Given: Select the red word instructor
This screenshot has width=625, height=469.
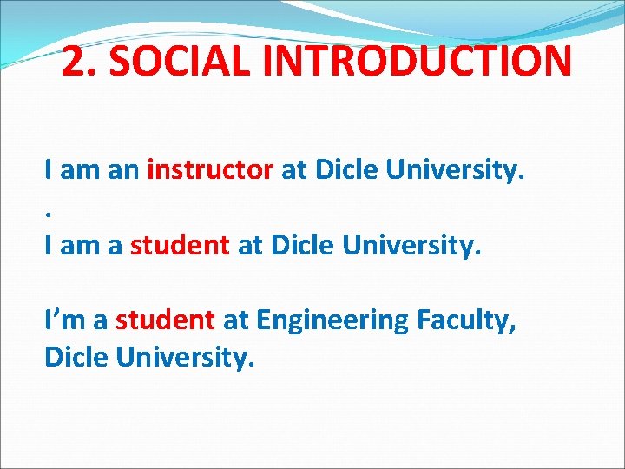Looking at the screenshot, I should [210, 171].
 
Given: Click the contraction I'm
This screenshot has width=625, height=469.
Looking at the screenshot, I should [64, 321].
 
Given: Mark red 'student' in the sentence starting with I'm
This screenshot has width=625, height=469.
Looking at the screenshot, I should [165, 321].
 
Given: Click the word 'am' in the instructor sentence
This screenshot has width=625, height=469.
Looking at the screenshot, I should [80, 171].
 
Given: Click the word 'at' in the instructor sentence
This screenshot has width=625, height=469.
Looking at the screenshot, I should [293, 171].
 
